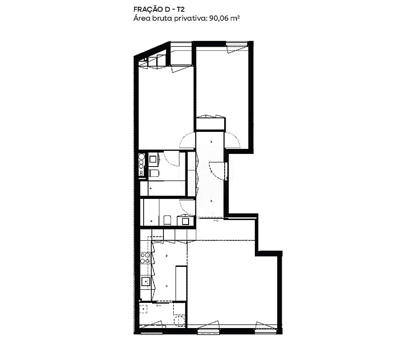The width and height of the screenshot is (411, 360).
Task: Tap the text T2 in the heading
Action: click(x=181, y=9)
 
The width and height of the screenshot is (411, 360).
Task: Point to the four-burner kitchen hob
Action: click(x=145, y=257)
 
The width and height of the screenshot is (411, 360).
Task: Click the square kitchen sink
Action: click(x=145, y=281)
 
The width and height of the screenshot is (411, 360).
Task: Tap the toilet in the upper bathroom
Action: click(x=154, y=173)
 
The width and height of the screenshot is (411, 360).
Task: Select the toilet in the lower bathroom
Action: click(x=167, y=220)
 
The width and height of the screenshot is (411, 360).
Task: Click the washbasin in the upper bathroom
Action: click(x=154, y=159)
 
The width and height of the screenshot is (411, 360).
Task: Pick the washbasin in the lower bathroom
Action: click(x=186, y=221)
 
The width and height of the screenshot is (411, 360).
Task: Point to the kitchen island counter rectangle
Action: click(x=181, y=283)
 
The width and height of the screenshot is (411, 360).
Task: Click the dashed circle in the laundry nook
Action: click(x=180, y=321)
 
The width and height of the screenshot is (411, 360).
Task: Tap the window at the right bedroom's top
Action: click(x=237, y=44)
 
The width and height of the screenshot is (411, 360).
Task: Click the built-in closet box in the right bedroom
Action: click(x=211, y=124)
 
